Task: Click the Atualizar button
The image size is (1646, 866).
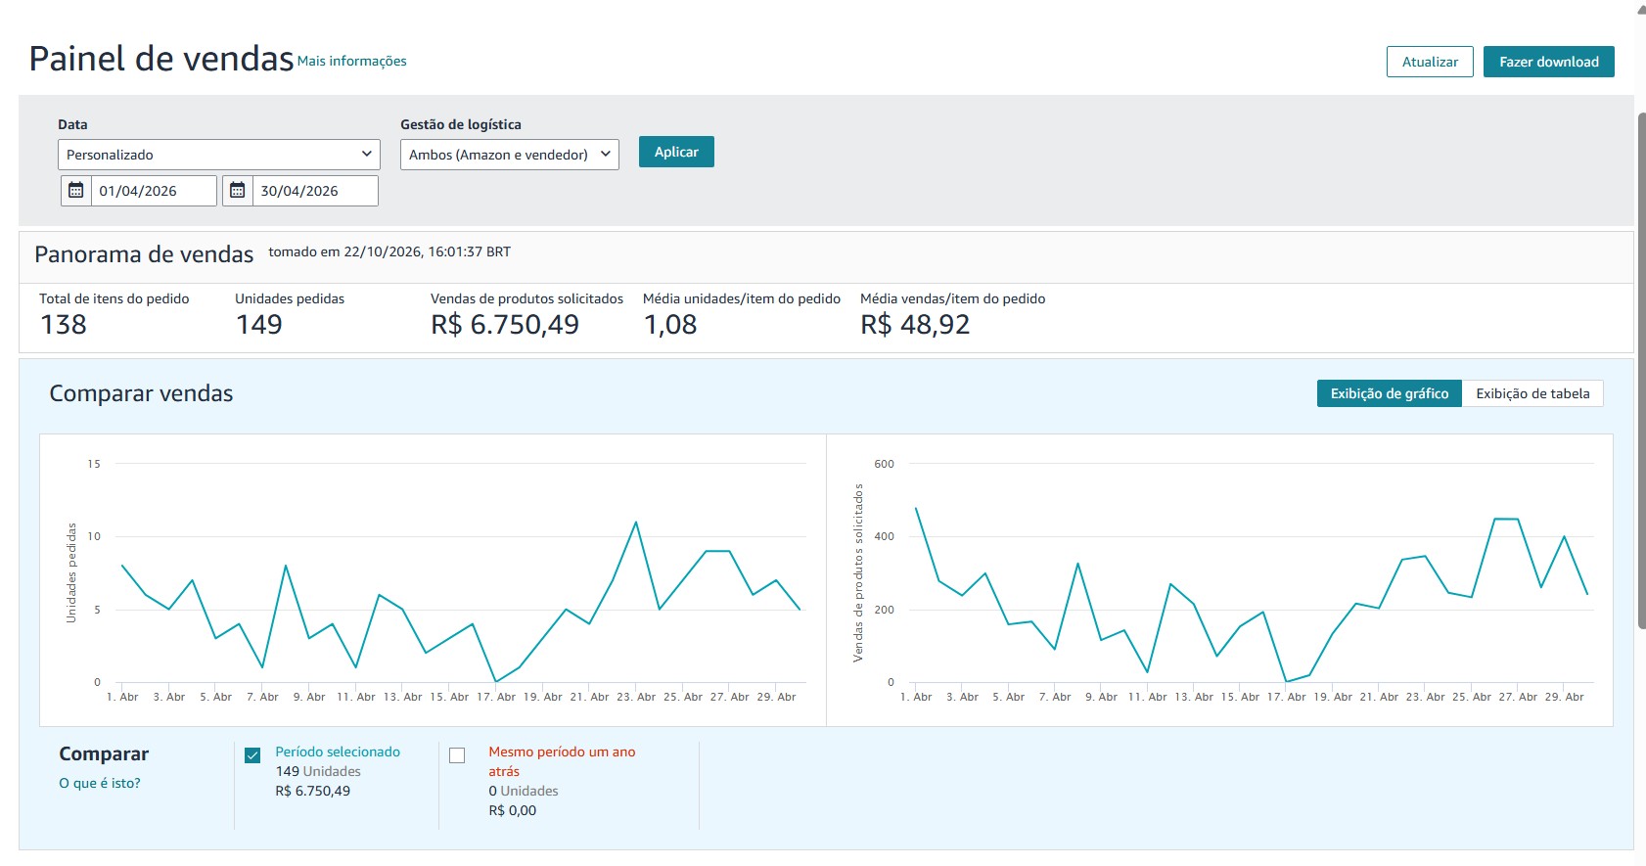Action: [1429, 62]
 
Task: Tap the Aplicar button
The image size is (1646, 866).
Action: [676, 152]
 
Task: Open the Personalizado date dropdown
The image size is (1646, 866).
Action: [219, 155]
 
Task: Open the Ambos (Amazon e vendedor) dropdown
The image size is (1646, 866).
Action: [509, 155]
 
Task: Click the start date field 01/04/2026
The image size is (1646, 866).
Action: [154, 191]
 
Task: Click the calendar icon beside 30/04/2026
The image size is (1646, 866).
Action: [238, 191]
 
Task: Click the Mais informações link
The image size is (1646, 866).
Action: [351, 61]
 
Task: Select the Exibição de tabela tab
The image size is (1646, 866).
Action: [1532, 393]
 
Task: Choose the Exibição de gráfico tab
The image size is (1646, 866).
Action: [1390, 393]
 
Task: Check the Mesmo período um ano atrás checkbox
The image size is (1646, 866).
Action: [457, 755]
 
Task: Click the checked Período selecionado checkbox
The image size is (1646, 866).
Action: [252, 755]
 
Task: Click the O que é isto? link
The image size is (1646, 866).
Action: [99, 783]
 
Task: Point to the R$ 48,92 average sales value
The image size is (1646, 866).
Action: [915, 324]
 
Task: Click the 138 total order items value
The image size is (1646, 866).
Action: [64, 324]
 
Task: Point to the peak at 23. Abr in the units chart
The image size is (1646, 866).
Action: [636, 523]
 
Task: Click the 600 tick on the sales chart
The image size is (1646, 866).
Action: [884, 464]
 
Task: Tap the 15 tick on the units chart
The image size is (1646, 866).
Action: [93, 464]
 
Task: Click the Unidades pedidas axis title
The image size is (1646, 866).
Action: [71, 572]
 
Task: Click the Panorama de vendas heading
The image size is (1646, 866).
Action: [144, 254]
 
